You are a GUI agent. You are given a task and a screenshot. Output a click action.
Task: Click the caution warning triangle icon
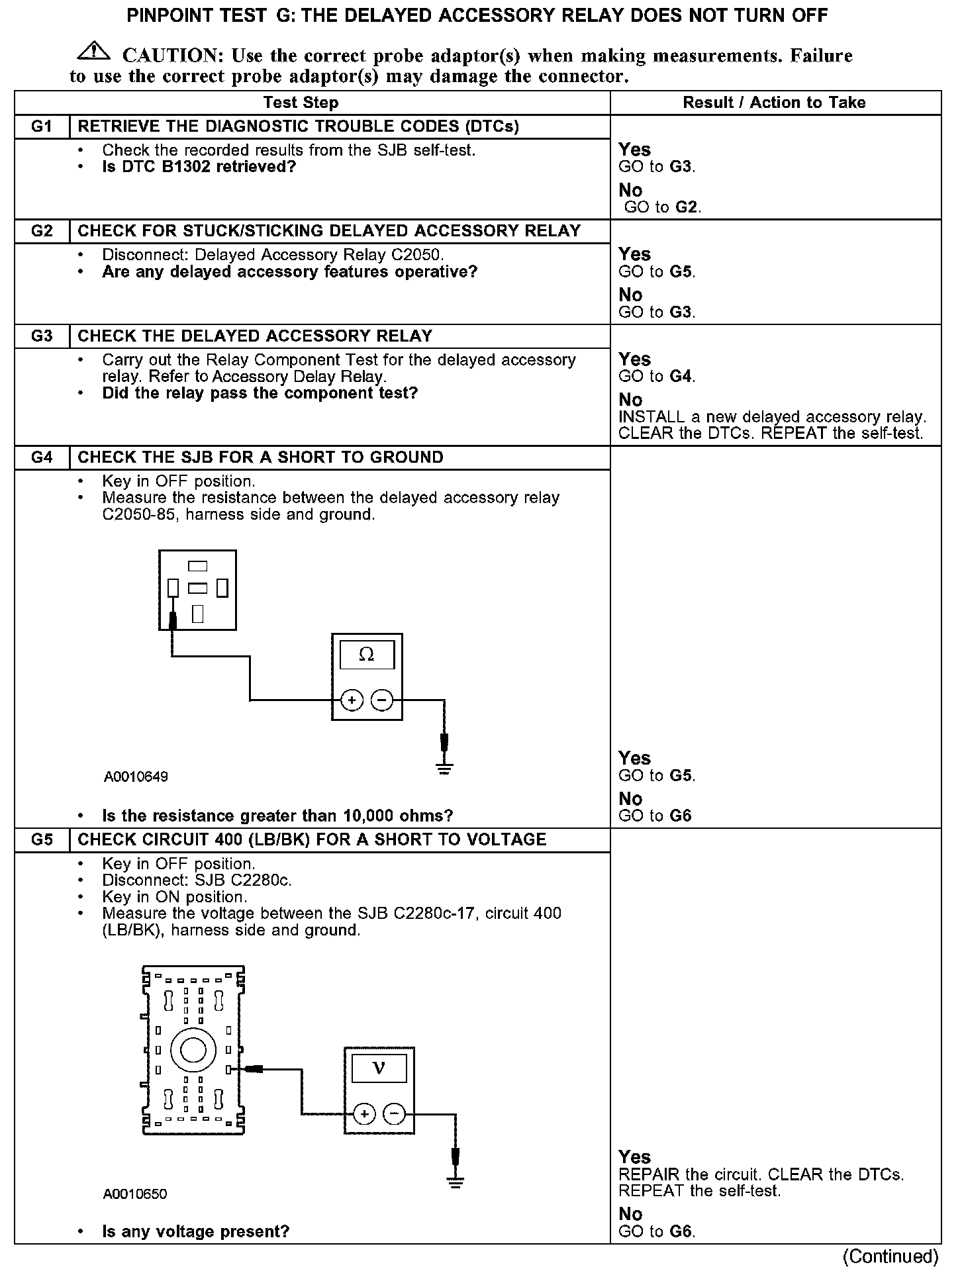point(95,51)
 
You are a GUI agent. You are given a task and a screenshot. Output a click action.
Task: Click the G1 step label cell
point(42,126)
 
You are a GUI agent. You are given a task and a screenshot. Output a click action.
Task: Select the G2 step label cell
point(42,231)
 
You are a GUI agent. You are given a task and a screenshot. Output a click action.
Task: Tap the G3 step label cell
point(42,336)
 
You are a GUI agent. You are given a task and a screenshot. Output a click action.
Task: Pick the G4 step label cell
point(42,457)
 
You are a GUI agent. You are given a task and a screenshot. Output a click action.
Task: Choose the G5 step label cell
point(42,839)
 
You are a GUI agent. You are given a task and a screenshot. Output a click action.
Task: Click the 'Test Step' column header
point(301,103)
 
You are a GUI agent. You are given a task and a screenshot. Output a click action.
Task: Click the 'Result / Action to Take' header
point(774,103)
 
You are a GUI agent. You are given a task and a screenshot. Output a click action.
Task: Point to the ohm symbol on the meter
point(366,655)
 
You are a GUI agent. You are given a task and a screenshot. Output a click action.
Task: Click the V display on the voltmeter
point(379,1068)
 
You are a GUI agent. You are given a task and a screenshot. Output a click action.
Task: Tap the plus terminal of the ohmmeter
point(352,700)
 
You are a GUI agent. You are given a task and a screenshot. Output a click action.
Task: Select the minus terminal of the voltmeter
point(395,1114)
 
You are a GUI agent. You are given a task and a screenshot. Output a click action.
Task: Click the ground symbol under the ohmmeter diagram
point(444,769)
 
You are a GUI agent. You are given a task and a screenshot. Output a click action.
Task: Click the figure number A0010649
point(136,777)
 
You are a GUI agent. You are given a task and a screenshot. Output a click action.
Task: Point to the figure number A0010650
point(135,1194)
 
